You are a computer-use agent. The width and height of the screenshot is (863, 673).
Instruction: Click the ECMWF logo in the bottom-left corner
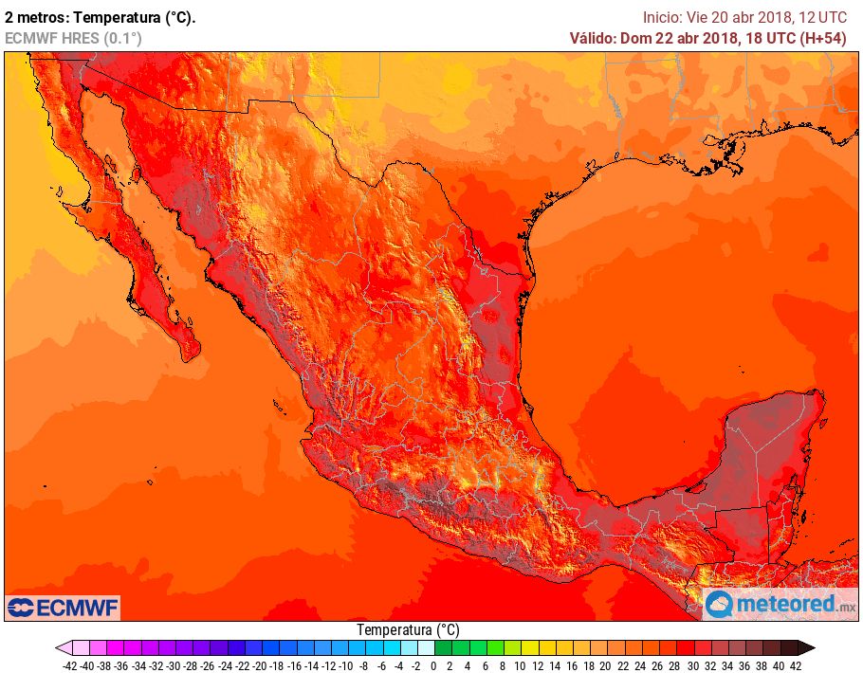(63, 607)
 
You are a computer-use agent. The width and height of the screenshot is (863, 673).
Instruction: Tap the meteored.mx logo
(780, 604)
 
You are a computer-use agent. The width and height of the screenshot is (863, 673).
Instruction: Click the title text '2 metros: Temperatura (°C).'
(101, 17)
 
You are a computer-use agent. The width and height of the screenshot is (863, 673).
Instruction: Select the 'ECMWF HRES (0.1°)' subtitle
(73, 38)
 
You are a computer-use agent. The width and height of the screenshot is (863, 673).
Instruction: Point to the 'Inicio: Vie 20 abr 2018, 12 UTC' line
(744, 17)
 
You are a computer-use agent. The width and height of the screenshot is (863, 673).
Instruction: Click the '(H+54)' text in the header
(823, 38)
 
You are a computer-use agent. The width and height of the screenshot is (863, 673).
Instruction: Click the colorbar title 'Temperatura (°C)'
(408, 629)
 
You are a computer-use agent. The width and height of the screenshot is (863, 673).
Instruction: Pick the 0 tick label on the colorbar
(433, 665)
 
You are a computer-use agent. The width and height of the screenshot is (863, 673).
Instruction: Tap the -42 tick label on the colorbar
(69, 665)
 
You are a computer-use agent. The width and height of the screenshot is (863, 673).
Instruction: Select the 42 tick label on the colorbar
(796, 665)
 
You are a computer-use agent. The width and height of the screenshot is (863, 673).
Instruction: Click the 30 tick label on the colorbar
(692, 665)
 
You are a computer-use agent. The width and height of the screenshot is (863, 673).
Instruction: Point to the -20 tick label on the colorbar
(260, 665)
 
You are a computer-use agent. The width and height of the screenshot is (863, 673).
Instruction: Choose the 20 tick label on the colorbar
(606, 665)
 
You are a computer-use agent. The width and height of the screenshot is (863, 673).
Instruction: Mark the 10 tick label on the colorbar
(520, 665)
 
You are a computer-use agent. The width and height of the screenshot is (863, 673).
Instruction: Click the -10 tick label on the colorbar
(346, 665)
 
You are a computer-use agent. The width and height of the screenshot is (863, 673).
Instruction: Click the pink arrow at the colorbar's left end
(63, 648)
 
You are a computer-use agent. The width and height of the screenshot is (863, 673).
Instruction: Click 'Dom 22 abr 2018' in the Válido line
(679, 38)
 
